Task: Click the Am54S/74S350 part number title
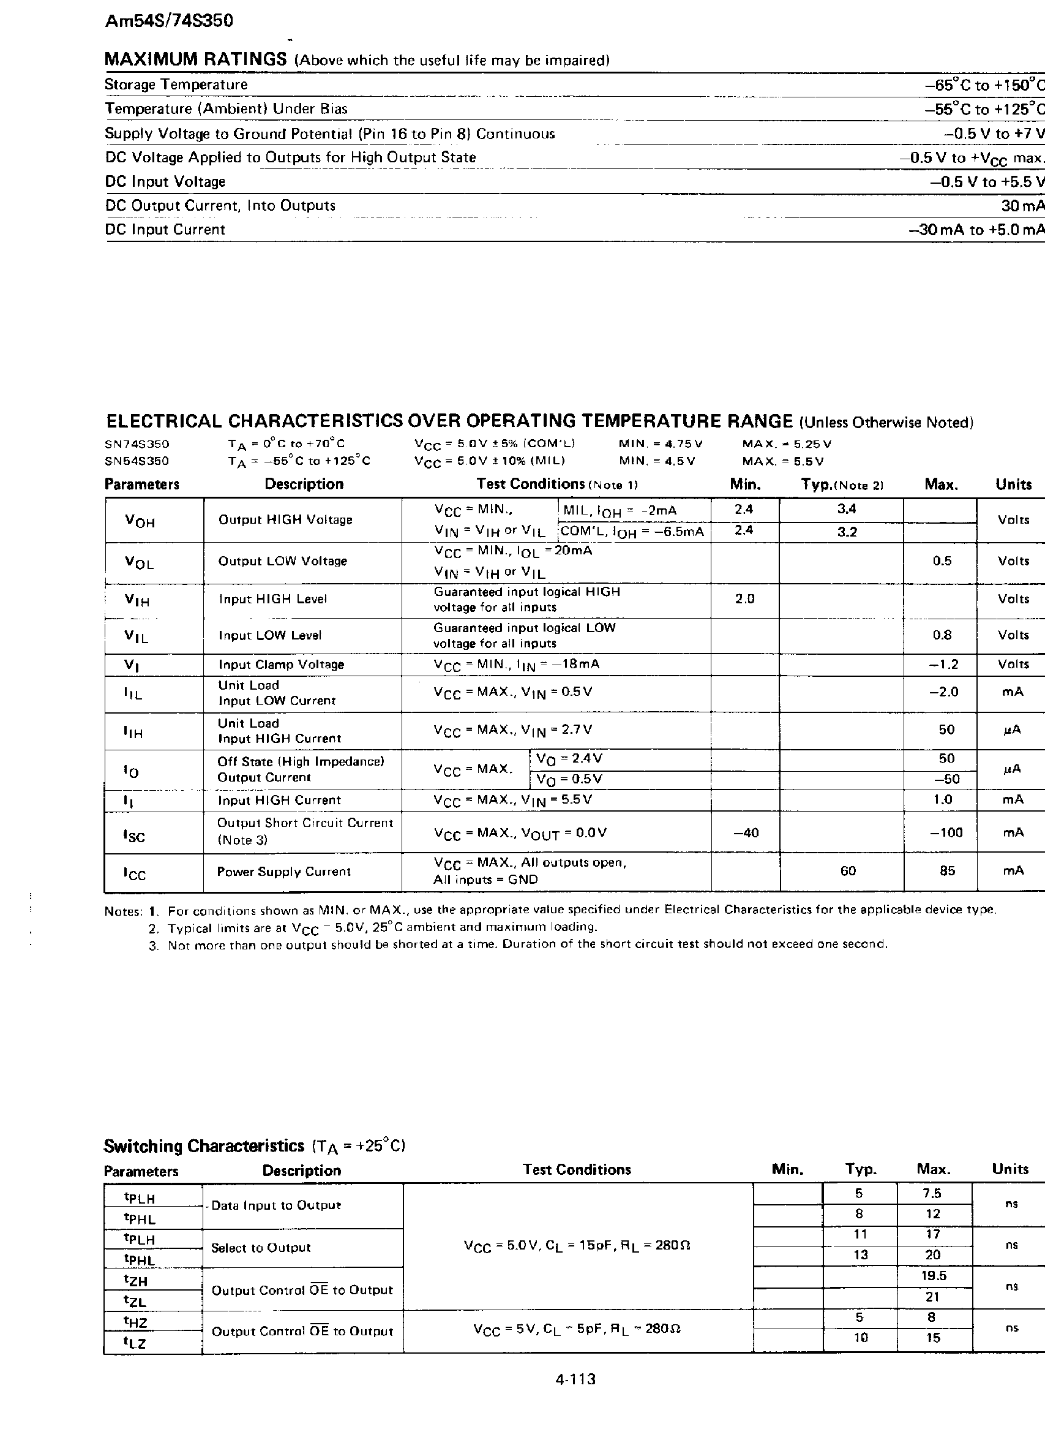(x=169, y=21)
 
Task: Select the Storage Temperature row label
(x=176, y=84)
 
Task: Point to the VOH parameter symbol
(x=139, y=521)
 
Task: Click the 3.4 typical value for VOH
(x=847, y=509)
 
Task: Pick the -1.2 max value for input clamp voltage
(x=945, y=665)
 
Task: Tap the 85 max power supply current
(x=947, y=871)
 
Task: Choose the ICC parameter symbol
(x=135, y=873)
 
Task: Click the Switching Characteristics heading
(x=204, y=1146)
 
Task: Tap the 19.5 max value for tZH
(x=933, y=1276)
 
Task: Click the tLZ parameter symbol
(x=135, y=1342)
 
